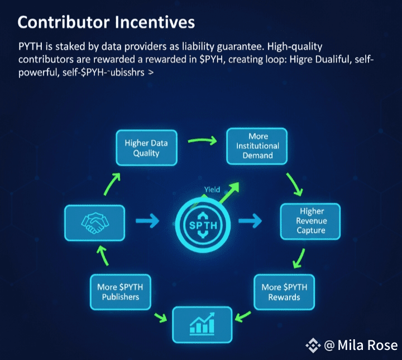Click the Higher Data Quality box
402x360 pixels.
(x=146, y=148)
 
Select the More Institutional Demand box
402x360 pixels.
(x=256, y=145)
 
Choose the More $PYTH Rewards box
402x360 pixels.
(x=284, y=292)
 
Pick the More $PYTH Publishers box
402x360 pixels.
(x=119, y=292)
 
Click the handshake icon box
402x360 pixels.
(x=94, y=222)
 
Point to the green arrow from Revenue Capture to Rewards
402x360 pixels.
(x=300, y=259)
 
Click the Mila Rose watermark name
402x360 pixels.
(x=367, y=345)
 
